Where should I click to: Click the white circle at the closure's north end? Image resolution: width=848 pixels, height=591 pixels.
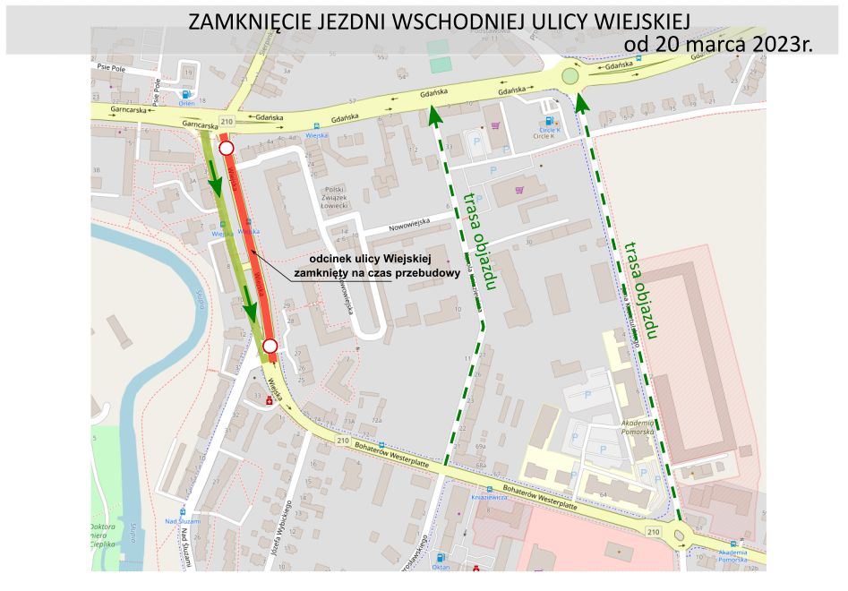click(227, 148)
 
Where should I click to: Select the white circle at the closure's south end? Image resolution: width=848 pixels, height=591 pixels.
click(270, 347)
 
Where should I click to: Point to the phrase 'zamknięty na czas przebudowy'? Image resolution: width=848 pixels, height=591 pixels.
click(365, 274)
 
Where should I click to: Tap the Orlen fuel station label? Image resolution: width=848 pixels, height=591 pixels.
click(186, 103)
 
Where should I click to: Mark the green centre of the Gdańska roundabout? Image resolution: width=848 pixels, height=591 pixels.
click(570, 77)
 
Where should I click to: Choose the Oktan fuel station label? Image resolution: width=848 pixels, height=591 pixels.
click(441, 567)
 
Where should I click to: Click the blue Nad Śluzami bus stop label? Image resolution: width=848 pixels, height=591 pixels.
click(183, 521)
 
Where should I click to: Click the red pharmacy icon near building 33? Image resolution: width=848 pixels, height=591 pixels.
click(269, 401)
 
